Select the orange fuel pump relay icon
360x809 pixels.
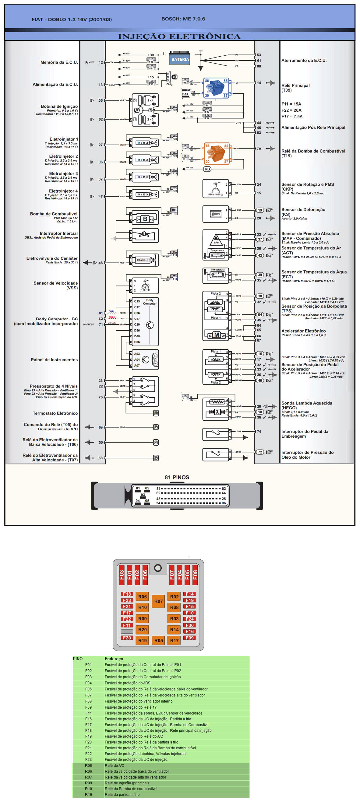click(x=217, y=153)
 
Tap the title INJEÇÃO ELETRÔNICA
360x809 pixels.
click(x=179, y=37)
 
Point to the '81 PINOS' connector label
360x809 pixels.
click(x=177, y=477)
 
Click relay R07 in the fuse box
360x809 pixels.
click(x=158, y=601)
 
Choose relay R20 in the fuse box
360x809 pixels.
click(x=142, y=629)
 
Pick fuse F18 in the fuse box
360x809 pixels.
click(x=127, y=594)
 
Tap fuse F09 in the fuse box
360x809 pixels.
click(x=189, y=638)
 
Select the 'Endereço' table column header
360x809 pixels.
click(x=114, y=659)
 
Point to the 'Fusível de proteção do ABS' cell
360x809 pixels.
click(x=127, y=683)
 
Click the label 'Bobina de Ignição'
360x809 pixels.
click(x=59, y=106)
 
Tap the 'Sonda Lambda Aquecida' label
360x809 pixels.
click(x=307, y=403)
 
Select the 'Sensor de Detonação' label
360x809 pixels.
click(x=303, y=209)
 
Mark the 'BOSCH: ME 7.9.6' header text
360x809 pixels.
click(x=183, y=19)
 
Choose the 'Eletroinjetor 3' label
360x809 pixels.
click(x=63, y=173)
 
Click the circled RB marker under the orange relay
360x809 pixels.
click(x=207, y=169)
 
